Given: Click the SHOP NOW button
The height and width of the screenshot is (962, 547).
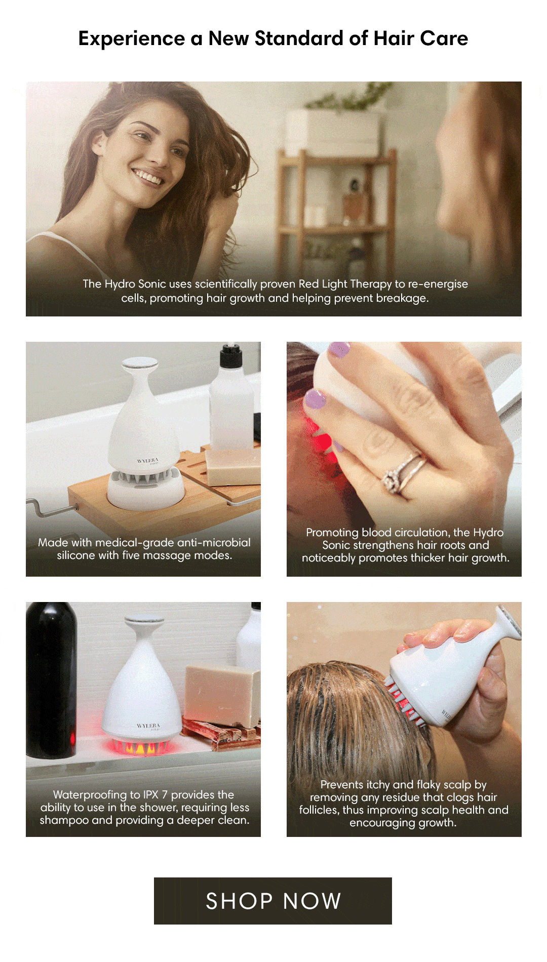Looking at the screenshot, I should [x=273, y=901].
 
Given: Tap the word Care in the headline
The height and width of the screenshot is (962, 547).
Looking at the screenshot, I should [x=444, y=39].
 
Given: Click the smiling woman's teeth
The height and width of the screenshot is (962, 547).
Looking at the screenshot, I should [x=147, y=178].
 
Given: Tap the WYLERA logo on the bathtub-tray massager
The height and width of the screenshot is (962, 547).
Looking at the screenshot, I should [x=147, y=461].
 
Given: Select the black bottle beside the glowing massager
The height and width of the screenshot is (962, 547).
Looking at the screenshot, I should [x=51, y=678].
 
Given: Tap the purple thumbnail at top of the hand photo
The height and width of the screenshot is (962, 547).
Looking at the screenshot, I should [x=339, y=349].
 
